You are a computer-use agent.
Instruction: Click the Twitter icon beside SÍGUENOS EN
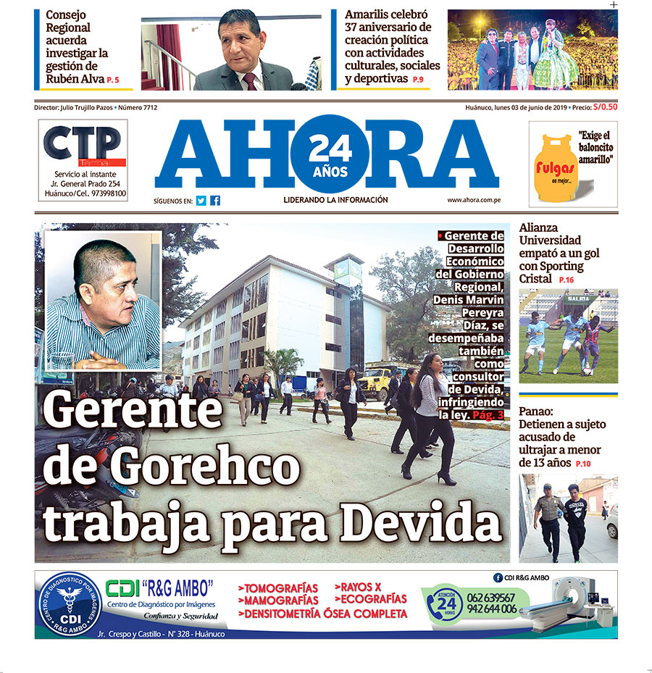point(201,201)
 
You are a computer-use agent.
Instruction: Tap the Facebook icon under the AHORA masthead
point(215,201)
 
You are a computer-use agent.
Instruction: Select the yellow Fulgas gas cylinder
point(556,169)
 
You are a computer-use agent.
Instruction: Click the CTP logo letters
point(82,145)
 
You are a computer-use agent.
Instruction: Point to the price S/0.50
point(605,107)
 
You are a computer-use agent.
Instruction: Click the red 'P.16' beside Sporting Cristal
point(566,280)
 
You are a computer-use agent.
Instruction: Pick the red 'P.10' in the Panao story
point(583,464)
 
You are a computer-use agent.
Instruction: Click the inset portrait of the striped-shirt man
point(103,301)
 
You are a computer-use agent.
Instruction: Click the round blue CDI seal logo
point(70,604)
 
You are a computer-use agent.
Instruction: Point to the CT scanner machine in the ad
point(580,601)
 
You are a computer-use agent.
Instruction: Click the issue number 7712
point(148,107)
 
